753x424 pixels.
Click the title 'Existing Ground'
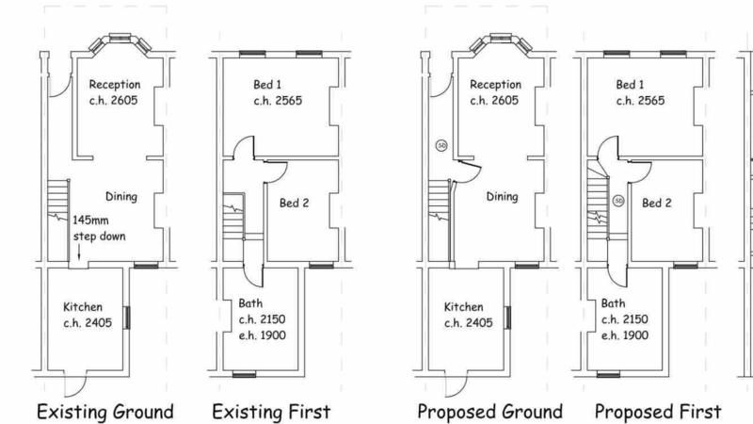click(x=105, y=412)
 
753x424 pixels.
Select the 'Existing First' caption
click(x=271, y=412)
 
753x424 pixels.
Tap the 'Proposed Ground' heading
click(x=489, y=412)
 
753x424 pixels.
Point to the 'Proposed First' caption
click(x=658, y=412)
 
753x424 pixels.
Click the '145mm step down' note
click(x=100, y=228)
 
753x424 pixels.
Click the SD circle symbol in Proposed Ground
click(x=441, y=145)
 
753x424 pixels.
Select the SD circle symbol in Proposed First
click(x=618, y=201)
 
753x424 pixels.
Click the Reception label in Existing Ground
click(x=115, y=85)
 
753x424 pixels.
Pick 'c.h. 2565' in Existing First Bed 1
click(x=278, y=101)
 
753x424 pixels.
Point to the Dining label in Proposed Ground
click(x=502, y=197)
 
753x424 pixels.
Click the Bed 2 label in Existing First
click(x=294, y=203)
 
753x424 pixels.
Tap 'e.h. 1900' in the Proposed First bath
click(x=625, y=335)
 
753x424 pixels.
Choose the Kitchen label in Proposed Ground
click(x=463, y=307)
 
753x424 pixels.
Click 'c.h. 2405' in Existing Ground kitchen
click(x=88, y=322)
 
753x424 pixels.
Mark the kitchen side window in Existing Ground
click(x=127, y=318)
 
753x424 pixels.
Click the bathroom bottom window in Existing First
click(x=244, y=374)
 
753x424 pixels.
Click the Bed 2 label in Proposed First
click(x=656, y=203)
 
